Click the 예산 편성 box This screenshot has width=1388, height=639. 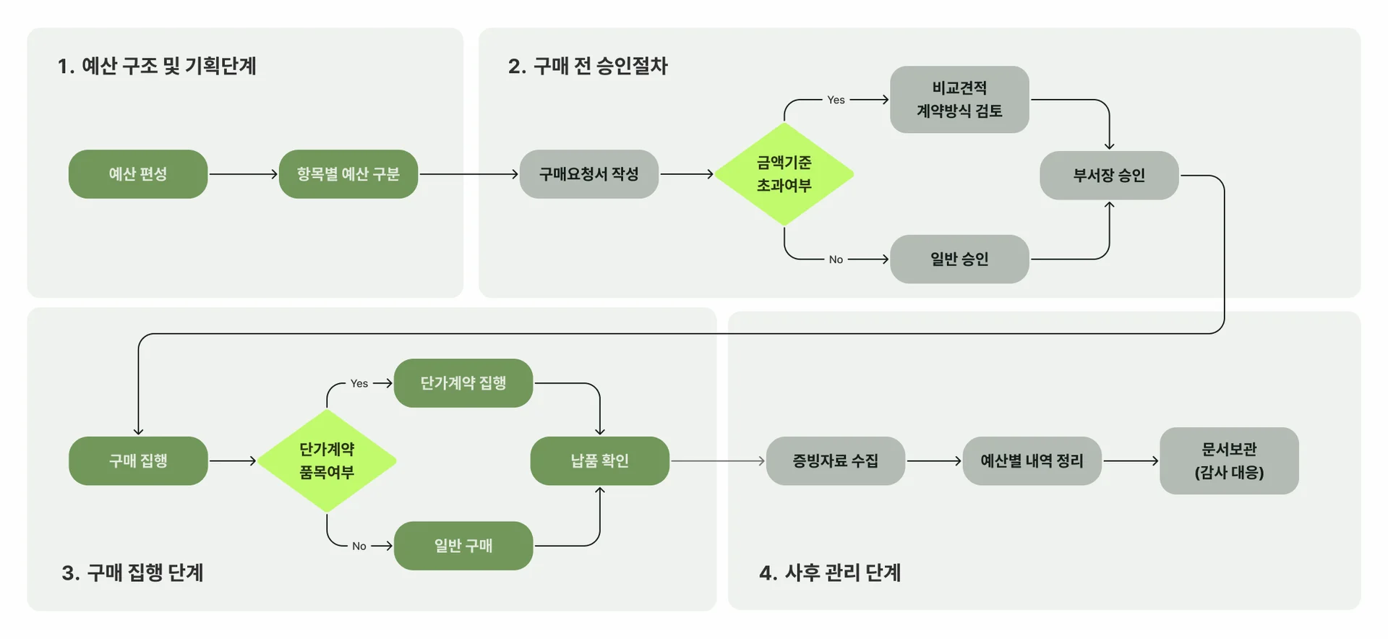[x=138, y=174]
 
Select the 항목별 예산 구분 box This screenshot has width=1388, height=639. [x=348, y=174]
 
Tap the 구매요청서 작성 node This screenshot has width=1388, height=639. [x=588, y=174]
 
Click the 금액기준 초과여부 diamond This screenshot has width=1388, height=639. [x=784, y=174]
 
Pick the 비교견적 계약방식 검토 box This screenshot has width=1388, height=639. [x=959, y=100]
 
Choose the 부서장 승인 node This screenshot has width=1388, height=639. [x=1108, y=176]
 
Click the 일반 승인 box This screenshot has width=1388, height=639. [x=959, y=259]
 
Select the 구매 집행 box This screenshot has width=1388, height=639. [x=138, y=460]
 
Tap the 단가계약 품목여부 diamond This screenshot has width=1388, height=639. [x=327, y=460]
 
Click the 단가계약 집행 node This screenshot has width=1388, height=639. [x=463, y=383]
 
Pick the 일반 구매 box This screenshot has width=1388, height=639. [x=463, y=546]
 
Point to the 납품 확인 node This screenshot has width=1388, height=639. [x=599, y=460]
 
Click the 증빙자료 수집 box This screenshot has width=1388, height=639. [x=835, y=460]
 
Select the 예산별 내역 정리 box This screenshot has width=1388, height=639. [x=1032, y=460]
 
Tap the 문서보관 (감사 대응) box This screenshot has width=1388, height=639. [x=1229, y=460]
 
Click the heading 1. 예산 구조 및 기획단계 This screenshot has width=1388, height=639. [x=157, y=66]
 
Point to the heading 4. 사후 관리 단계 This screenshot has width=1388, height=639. [x=830, y=572]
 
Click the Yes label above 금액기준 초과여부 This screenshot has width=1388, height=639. [x=836, y=100]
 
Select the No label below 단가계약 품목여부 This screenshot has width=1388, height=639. [x=359, y=546]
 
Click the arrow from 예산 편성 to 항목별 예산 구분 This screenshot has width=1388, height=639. [x=243, y=174]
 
